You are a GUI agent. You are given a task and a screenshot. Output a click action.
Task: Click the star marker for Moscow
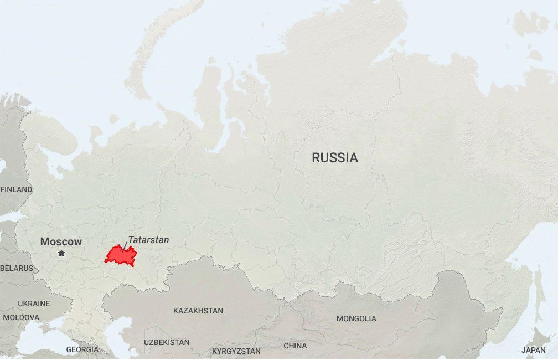pos(61,253)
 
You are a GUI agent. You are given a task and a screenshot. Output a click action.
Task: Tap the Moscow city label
pos(61,242)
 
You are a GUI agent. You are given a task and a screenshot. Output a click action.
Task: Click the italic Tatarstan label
pos(148,240)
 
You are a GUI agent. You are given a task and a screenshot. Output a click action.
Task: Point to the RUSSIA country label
pos(335,158)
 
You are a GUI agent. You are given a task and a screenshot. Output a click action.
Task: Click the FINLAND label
pos(16,189)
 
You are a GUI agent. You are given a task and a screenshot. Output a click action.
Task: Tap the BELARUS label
pos(17,268)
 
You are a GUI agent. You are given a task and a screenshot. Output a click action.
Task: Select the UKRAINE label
pos(34,304)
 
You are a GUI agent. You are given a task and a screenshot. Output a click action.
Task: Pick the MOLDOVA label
pos(21,317)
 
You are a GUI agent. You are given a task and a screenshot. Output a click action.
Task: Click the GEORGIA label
pos(82,349)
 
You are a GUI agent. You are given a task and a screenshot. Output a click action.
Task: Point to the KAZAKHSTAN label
pos(198,311)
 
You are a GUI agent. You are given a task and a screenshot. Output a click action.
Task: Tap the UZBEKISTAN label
pos(167,342)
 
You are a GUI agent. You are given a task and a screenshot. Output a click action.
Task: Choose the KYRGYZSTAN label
pos(236,351)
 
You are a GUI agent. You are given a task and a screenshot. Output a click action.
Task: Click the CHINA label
pos(295,346)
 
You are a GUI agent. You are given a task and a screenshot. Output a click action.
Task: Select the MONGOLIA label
pos(356,318)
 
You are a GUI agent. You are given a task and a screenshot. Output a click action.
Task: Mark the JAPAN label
pos(534,350)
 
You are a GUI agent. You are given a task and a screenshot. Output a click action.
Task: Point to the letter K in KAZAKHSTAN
pos(176,311)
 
